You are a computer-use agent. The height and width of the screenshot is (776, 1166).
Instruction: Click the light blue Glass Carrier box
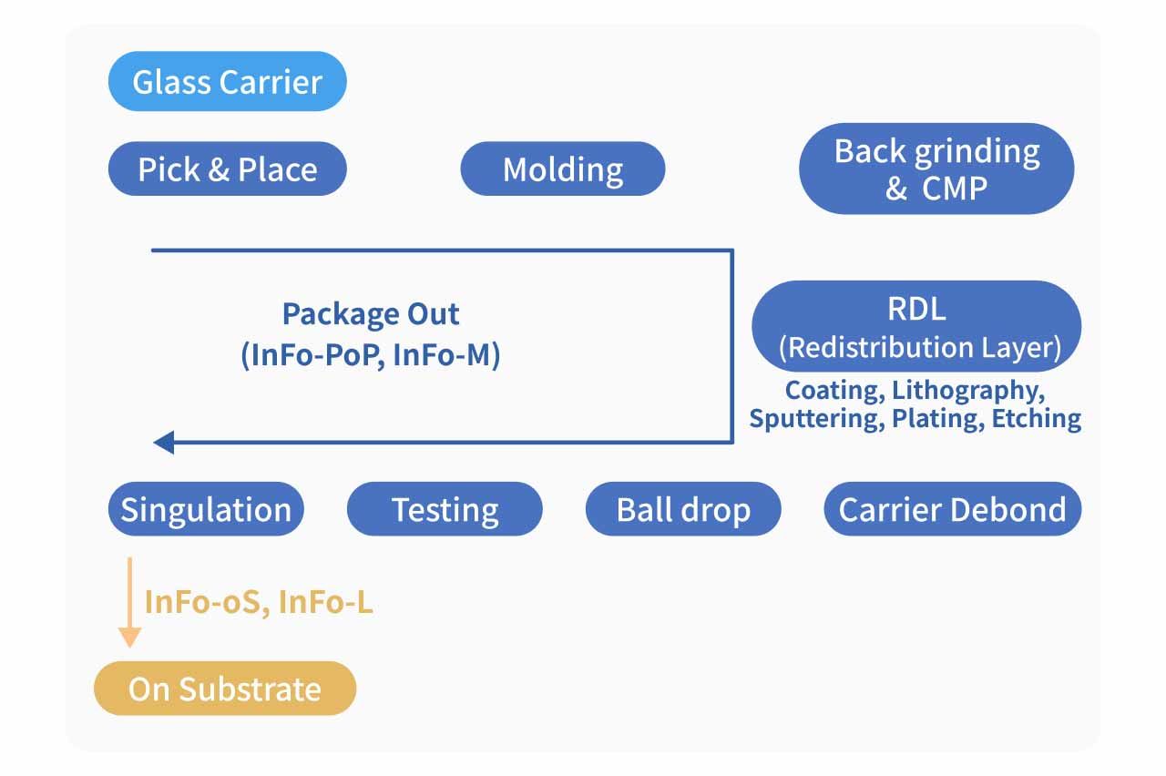(227, 81)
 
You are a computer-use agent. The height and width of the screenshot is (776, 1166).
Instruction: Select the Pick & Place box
(227, 169)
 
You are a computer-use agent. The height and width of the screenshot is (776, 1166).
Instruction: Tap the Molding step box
(563, 169)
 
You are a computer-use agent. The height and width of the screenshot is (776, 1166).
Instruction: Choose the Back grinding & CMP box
(936, 169)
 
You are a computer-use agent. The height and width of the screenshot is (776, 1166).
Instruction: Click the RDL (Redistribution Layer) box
(916, 326)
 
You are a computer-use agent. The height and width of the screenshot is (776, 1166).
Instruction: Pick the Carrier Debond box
(952, 509)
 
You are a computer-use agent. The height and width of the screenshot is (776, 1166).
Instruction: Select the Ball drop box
(683, 509)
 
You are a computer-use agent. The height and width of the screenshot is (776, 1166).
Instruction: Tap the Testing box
(445, 509)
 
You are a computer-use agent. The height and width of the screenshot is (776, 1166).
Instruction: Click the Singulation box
(206, 509)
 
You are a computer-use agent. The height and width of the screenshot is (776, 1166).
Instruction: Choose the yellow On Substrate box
(225, 689)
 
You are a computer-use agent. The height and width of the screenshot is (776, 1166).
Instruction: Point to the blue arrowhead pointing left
(164, 444)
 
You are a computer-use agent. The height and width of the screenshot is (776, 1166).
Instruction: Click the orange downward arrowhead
(130, 637)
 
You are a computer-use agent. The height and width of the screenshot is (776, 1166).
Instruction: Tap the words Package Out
(371, 314)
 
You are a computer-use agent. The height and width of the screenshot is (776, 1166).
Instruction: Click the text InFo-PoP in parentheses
(310, 355)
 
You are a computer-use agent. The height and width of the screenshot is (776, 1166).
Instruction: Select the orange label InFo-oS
(205, 602)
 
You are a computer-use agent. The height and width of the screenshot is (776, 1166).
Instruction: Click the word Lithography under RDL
(967, 392)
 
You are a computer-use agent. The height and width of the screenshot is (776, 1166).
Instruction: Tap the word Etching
(1037, 419)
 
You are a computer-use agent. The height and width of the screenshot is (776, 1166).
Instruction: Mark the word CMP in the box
(954, 189)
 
